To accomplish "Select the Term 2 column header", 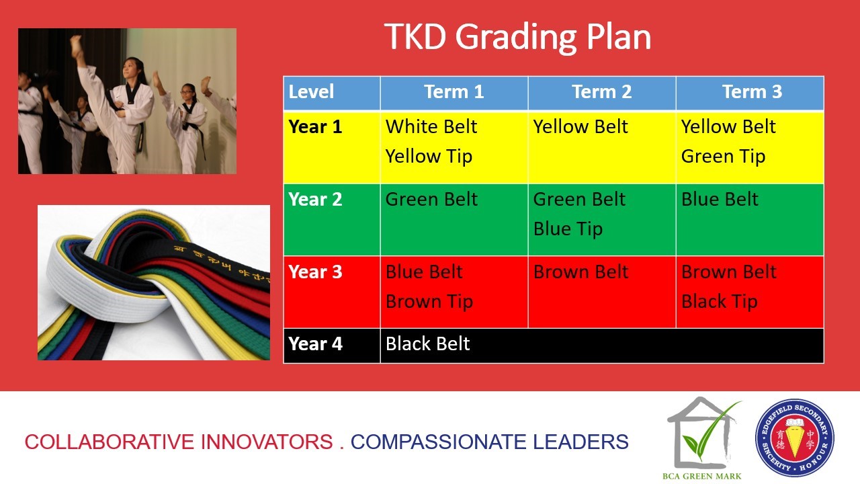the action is pos(601,92).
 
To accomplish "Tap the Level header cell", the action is pos(332,92).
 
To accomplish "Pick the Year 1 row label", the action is pos(315,127).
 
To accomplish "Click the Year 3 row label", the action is pos(315,272).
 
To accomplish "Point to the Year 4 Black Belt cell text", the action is pos(428,344).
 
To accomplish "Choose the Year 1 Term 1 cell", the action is pos(454,147).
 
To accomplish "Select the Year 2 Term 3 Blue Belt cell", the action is pos(750,220).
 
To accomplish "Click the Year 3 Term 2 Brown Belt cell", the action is pos(601,292).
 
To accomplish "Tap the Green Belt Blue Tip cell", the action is pos(601,220).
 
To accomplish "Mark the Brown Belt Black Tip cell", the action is pos(750,292).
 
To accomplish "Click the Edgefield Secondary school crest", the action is pos(794,438).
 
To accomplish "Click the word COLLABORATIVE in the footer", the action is pos(110,442).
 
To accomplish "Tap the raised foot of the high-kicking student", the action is pos(76,43).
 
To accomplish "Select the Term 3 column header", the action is pos(750,92).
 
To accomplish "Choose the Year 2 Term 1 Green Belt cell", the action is pos(454,220).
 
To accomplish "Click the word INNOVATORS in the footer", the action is pos(267,442).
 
